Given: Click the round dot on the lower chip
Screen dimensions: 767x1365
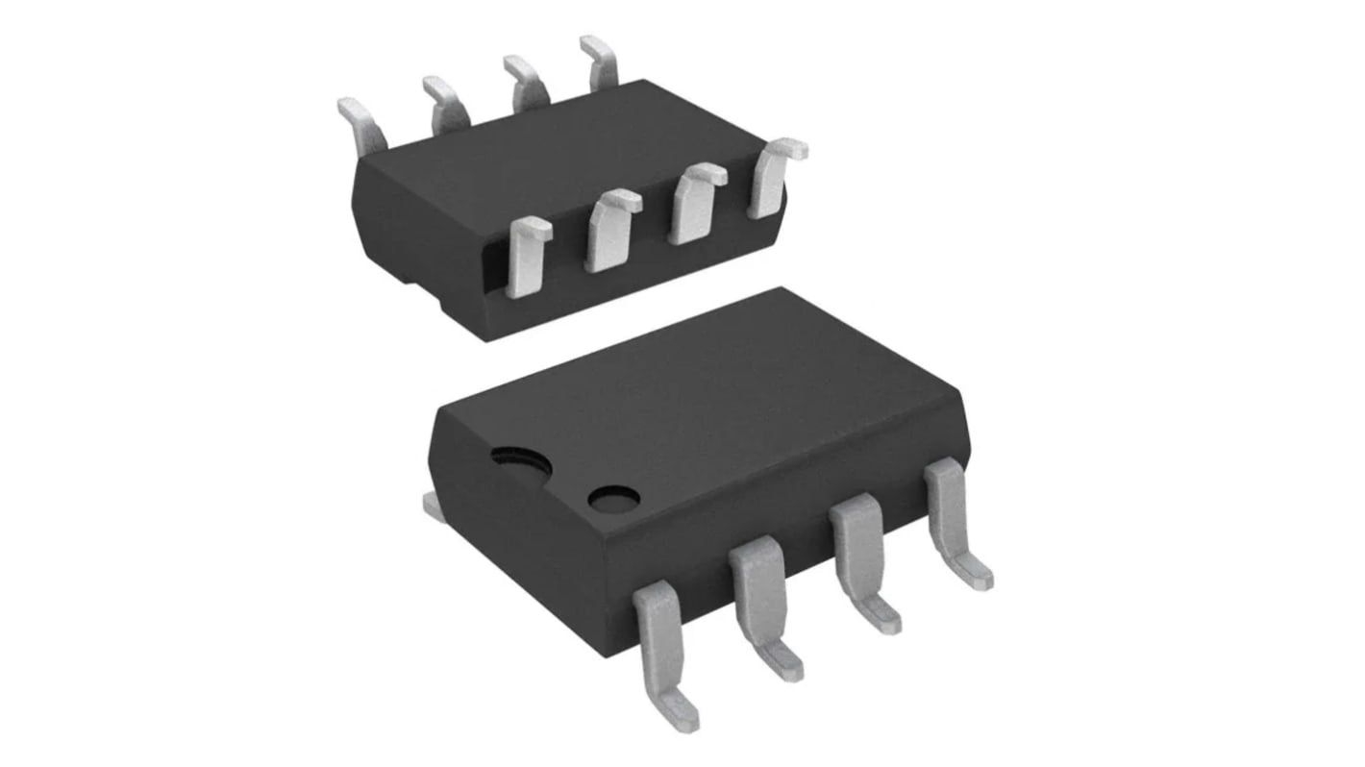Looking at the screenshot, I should [x=614, y=498].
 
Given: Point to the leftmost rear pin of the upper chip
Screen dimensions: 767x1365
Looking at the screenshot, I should [x=364, y=125].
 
